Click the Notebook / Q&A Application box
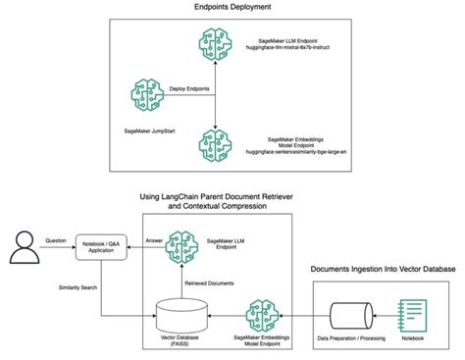[x=104, y=245]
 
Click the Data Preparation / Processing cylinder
[x=352, y=315]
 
